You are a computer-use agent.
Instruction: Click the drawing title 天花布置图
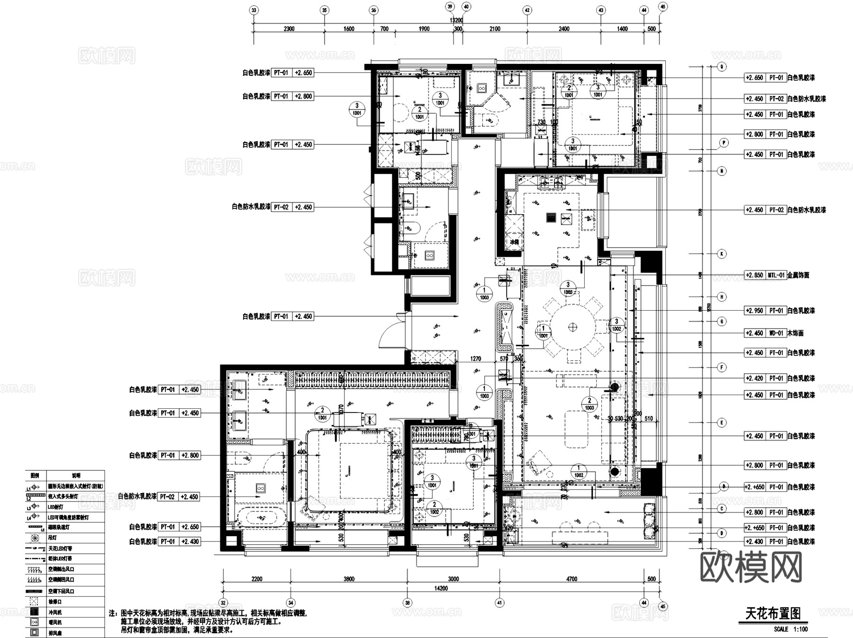[773, 613]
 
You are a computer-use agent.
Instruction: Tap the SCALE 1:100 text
[790, 629]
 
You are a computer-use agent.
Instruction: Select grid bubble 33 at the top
[254, 10]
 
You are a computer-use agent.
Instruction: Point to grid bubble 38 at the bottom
[407, 603]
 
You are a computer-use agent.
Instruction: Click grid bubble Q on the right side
[722, 67]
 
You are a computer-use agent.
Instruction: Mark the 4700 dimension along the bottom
[572, 579]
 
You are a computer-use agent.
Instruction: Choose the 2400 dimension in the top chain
[564, 29]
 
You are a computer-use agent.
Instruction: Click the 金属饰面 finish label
[799, 275]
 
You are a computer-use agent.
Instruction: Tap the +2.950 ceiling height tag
[754, 311]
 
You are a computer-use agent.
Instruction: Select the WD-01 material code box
[776, 333]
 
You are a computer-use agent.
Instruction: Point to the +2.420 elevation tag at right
[754, 378]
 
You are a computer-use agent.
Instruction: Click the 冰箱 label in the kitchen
[514, 242]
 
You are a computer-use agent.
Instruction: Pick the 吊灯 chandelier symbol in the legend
[35, 538]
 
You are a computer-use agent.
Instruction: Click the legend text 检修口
[55, 602]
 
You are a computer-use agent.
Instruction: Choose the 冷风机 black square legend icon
[35, 612]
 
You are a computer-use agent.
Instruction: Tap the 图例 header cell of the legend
[35, 476]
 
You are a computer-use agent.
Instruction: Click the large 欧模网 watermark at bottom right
[751, 567]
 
